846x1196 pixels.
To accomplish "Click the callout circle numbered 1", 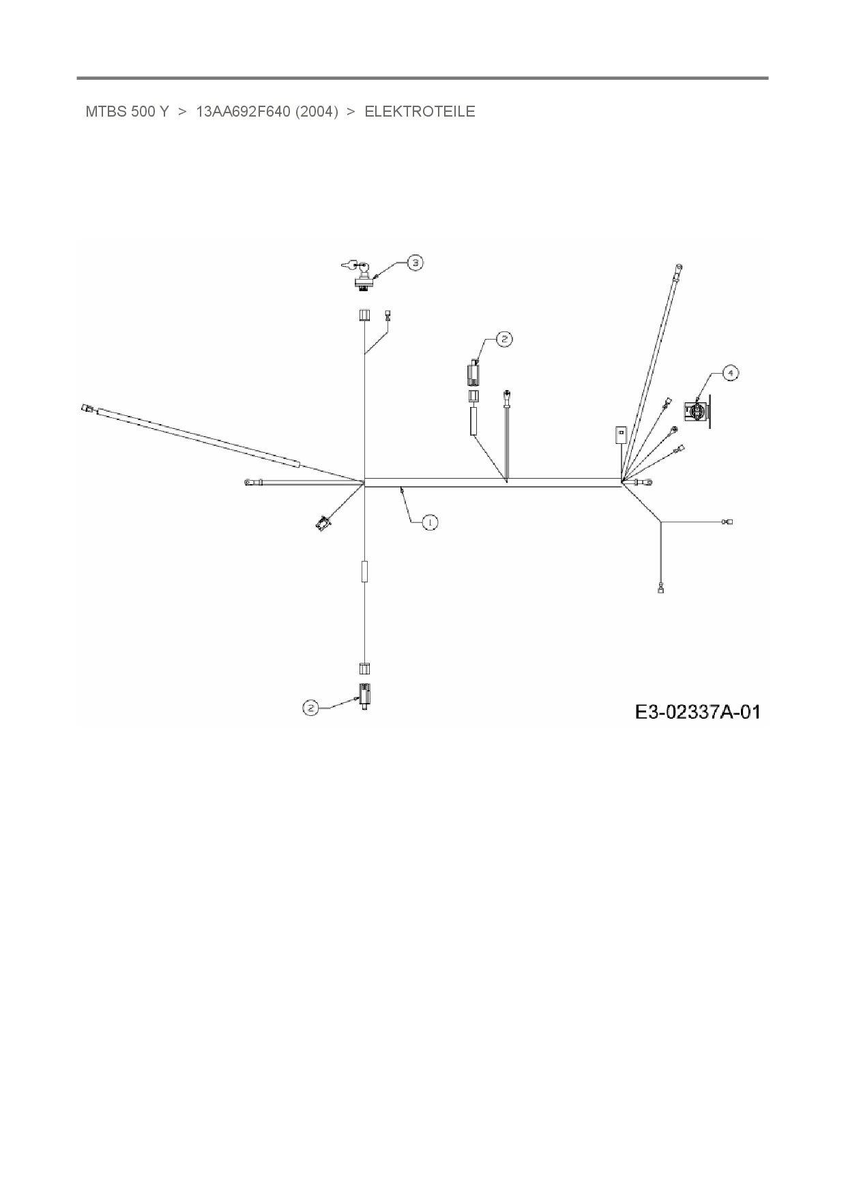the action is tap(430, 522).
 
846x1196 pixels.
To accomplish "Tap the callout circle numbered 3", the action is tap(415, 263).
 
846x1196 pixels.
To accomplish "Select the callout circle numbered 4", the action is tap(730, 373).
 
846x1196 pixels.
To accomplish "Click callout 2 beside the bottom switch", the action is tap(311, 708).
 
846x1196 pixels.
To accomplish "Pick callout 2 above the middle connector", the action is tap(504, 339).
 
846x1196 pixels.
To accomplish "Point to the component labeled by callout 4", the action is tap(697, 411).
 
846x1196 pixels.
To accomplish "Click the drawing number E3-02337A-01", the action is tap(697, 712).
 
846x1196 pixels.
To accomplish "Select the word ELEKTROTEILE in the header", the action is tap(420, 112).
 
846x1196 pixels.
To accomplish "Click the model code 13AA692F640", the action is tap(244, 112).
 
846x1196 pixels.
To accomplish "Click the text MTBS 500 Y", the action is tap(127, 112).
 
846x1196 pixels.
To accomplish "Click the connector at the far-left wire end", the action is tap(86, 408).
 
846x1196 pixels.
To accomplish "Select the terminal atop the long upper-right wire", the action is tap(679, 268).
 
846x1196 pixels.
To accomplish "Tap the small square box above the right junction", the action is tap(620, 434).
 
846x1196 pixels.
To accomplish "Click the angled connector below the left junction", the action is tap(322, 524).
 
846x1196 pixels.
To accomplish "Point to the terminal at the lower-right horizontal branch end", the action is tap(728, 522).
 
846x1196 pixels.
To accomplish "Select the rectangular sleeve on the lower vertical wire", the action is tap(365, 571).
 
